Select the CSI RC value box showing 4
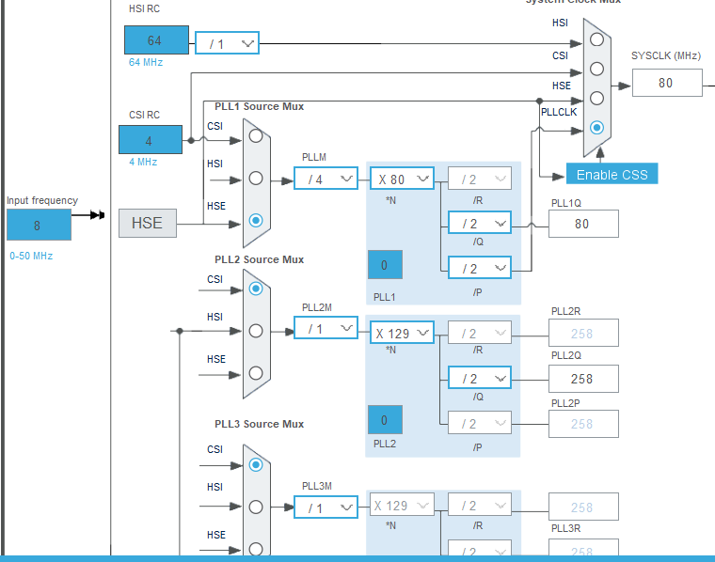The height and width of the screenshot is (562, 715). point(150,140)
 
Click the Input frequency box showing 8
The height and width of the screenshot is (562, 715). point(39,226)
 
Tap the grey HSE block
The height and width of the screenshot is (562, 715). point(148,223)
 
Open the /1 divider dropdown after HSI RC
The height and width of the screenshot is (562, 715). point(227,43)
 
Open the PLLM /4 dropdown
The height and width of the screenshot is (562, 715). point(326,178)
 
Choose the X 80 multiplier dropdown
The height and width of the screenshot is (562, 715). point(402,178)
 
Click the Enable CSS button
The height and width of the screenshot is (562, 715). point(612,174)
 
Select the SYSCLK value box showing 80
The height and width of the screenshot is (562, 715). point(666,83)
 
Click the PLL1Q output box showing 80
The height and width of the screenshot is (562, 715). point(582,224)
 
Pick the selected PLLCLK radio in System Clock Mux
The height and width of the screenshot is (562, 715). point(596,127)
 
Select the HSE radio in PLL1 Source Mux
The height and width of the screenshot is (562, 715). point(256,220)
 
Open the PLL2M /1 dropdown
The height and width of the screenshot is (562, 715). point(326,328)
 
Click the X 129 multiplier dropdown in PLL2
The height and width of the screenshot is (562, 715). point(402,333)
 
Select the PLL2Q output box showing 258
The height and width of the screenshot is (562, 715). point(583,379)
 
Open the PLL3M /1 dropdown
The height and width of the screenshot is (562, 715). point(326,507)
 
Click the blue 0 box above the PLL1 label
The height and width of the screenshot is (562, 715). point(384,265)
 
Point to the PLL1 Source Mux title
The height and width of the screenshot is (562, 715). point(259,106)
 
